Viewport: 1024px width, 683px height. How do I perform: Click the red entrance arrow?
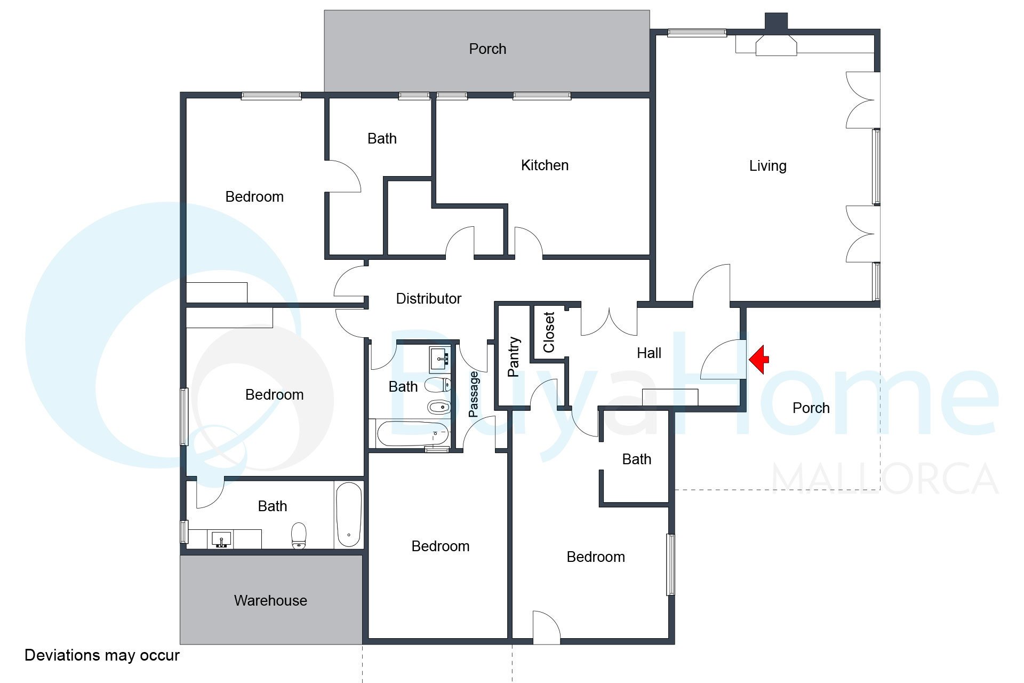click(759, 359)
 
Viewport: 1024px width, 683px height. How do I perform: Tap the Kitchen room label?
click(545, 165)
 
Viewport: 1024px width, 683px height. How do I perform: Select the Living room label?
click(767, 166)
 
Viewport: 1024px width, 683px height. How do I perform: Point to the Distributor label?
click(428, 299)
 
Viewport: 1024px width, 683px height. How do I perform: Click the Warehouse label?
click(270, 601)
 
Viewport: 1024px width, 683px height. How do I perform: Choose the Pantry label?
click(513, 356)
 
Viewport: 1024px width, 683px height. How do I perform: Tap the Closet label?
click(549, 332)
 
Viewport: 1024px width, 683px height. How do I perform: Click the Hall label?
click(649, 353)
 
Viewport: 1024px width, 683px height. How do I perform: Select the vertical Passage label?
click(474, 394)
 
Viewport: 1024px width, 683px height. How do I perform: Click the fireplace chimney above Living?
click(776, 21)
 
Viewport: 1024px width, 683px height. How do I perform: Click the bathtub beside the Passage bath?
click(413, 434)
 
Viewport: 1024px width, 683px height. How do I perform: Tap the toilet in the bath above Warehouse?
click(299, 535)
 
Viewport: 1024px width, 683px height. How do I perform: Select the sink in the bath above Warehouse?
click(221, 539)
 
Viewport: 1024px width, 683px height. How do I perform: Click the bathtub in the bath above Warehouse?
click(349, 515)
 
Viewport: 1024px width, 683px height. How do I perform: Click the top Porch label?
click(487, 49)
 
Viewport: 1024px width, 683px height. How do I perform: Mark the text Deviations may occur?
click(102, 655)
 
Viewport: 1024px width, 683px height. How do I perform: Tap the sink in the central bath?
click(441, 360)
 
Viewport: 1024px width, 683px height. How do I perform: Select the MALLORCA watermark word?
click(885, 479)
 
